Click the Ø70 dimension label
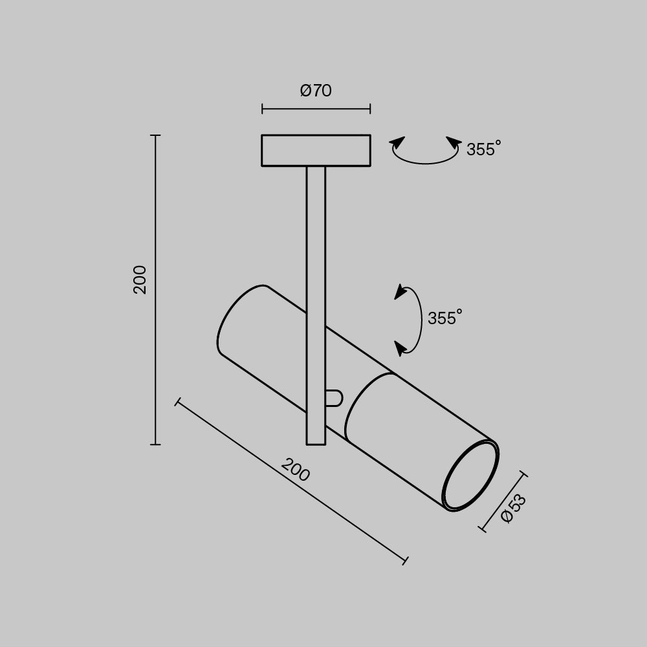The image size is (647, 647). (x=316, y=91)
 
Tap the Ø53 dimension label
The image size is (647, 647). (x=514, y=509)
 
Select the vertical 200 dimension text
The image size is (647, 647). (x=140, y=280)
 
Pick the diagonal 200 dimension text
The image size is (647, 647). (x=296, y=470)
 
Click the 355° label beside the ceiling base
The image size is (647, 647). (x=483, y=149)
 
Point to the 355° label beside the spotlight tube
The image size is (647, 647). (x=444, y=318)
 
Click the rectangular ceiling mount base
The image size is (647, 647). (x=316, y=150)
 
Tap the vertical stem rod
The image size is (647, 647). (x=316, y=246)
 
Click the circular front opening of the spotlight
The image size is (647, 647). (x=470, y=476)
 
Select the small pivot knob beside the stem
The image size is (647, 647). (x=333, y=398)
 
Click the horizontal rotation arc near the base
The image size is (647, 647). (x=425, y=159)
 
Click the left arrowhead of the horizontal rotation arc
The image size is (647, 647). (x=397, y=144)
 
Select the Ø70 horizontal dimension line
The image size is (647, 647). (x=316, y=109)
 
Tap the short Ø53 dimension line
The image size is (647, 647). (x=504, y=502)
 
